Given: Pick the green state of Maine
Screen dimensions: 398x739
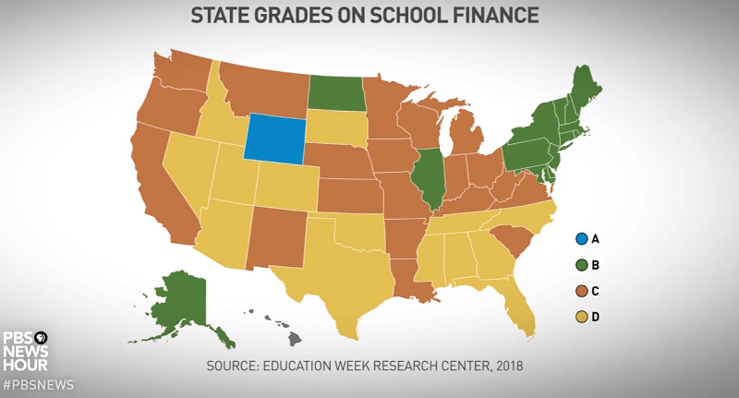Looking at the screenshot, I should pos(584,89).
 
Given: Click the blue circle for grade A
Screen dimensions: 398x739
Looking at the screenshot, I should pos(581,239).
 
